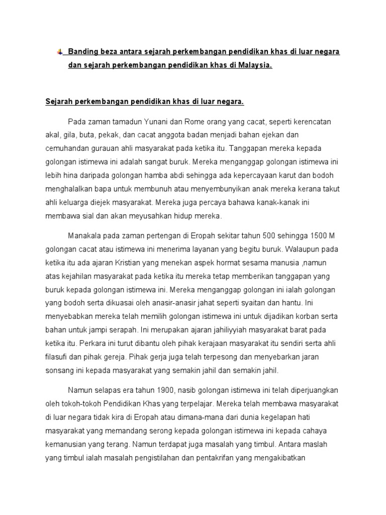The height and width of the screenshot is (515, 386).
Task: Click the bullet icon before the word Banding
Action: [60, 52]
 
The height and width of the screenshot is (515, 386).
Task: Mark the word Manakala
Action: [85, 236]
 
